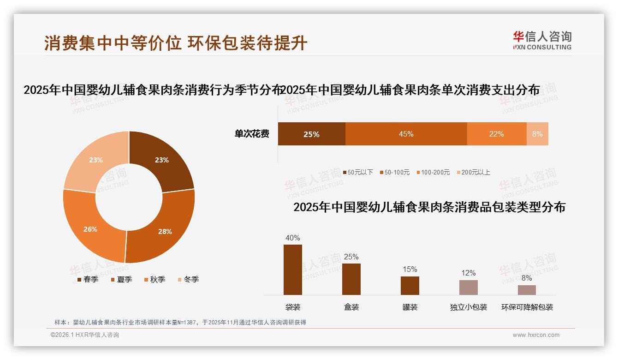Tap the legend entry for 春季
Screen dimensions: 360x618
88,279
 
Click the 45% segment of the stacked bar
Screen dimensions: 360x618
406,134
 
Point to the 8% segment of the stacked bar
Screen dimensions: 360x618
537,134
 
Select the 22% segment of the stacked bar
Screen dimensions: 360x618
497,134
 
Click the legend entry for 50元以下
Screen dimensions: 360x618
358,172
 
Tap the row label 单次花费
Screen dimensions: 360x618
252,134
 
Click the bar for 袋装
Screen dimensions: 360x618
293,270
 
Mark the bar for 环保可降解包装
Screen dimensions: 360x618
527,290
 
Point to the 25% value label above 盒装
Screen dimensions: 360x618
351,257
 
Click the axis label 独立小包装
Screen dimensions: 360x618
469,307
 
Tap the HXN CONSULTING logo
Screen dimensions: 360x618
542,40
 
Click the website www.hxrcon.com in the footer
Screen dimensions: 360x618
536,335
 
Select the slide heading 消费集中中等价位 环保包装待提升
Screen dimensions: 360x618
176,43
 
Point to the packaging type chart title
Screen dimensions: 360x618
429,207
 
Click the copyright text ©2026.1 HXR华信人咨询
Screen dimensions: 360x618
85,335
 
